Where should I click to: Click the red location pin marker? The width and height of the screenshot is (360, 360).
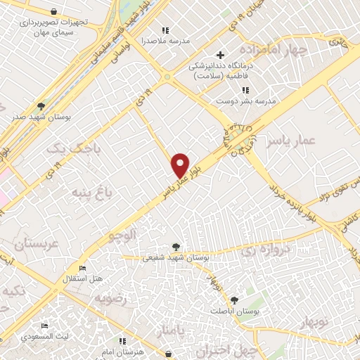click(x=180, y=165)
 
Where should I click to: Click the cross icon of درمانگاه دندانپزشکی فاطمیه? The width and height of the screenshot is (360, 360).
click(x=220, y=55)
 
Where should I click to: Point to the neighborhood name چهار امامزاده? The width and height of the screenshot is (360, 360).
click(x=274, y=50)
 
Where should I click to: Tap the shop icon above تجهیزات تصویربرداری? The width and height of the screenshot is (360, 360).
click(x=55, y=12)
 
